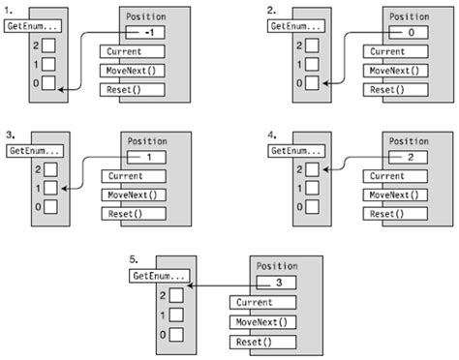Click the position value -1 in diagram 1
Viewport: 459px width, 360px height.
click(x=148, y=33)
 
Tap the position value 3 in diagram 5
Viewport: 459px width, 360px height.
click(x=280, y=284)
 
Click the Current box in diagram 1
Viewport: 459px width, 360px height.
click(x=130, y=52)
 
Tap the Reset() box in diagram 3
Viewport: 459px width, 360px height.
click(x=130, y=213)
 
